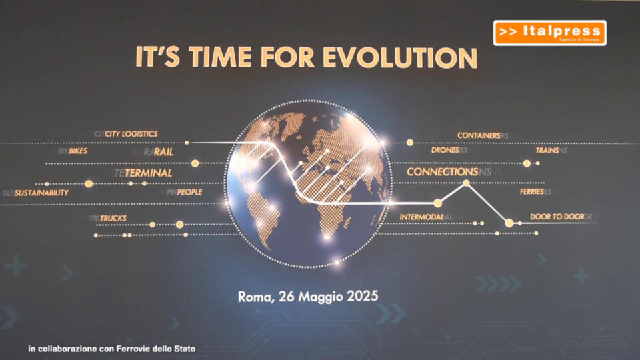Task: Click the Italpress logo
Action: coord(549,33)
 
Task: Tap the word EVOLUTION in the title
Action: coord(400,57)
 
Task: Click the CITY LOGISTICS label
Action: coord(131,134)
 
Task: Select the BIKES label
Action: coord(78,151)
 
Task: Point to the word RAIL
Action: coord(164,152)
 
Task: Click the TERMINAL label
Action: coord(148,173)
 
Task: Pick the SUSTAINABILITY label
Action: coord(41,193)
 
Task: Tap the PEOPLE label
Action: coord(189,192)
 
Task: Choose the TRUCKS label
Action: coord(113,219)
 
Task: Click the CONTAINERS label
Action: coord(479,135)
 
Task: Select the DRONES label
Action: coord(445,150)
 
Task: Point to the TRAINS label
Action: coord(547,151)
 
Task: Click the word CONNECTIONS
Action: coord(443,172)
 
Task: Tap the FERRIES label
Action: coord(532,191)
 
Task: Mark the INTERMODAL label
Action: coord(421,217)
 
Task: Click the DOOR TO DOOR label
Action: coord(557,217)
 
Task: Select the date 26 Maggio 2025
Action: coord(328,297)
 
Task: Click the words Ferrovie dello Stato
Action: coord(156,349)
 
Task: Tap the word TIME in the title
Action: coord(220,57)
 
